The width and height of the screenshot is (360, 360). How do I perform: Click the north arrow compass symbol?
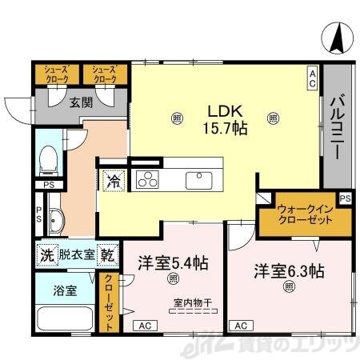[x=338, y=37]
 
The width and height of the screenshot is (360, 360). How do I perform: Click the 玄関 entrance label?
[x=79, y=102]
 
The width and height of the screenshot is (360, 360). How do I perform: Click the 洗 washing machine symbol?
[x=46, y=255]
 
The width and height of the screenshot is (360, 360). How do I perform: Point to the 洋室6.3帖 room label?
[x=290, y=270]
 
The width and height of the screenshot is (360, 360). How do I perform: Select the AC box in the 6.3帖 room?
[x=238, y=326]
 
